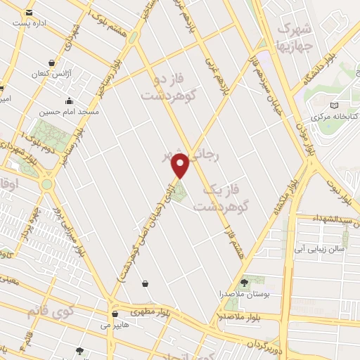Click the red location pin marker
pos(181,166)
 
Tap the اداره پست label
pos(29,23)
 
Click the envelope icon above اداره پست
pos(29,13)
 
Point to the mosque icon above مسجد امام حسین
pos(70,101)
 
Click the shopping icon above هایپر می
pos(114,314)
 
